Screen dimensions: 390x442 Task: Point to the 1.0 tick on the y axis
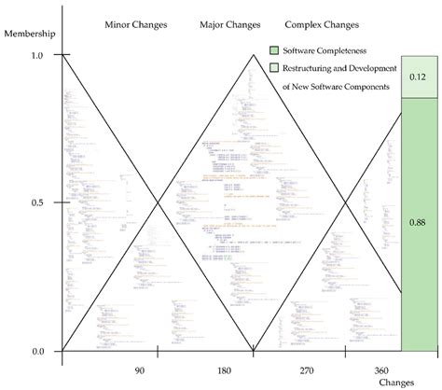point(37,55)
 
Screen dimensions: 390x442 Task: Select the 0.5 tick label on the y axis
point(37,202)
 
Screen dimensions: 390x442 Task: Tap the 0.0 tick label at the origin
point(37,352)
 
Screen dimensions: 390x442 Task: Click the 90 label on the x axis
point(139,370)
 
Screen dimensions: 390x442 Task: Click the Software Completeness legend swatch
point(273,49)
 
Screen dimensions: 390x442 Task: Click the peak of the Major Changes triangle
point(252,55)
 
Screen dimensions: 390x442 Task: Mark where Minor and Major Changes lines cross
point(158,203)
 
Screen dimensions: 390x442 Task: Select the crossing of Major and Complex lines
point(346,203)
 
